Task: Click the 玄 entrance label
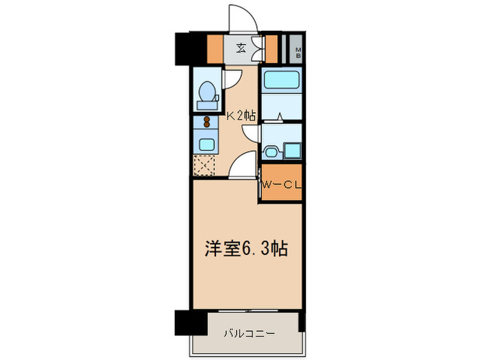click(x=241, y=48)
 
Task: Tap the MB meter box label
click(x=298, y=50)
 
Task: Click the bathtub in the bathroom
click(x=281, y=81)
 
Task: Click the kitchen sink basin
click(x=205, y=144)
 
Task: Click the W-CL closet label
click(x=281, y=184)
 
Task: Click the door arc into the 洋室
click(x=242, y=167)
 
